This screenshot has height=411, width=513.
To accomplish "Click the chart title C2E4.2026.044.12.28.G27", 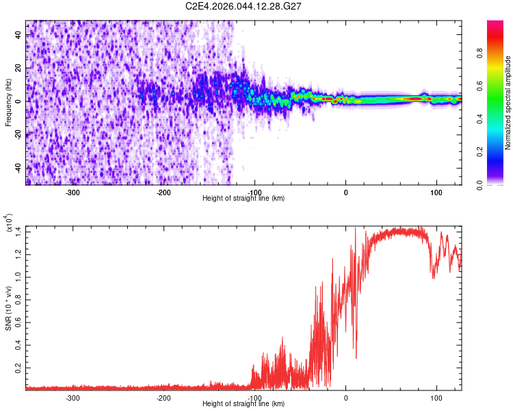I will pos(244,7).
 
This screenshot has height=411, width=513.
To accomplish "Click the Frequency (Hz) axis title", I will pos(8,102).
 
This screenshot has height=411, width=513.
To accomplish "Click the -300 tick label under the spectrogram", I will pos(73,192).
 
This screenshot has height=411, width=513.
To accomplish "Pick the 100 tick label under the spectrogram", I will pos(436,192).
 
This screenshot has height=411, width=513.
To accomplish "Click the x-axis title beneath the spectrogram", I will pos(244,199).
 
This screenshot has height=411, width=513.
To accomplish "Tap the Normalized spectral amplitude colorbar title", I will pos(508,103).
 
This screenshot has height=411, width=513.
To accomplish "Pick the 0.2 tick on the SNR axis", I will pos(16,368).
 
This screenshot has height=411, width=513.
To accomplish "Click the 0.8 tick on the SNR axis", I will pos(16,299).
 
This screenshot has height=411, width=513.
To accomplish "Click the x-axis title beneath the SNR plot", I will pos(244,404).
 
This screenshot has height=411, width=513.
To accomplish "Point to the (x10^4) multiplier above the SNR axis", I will pos(8,224).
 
